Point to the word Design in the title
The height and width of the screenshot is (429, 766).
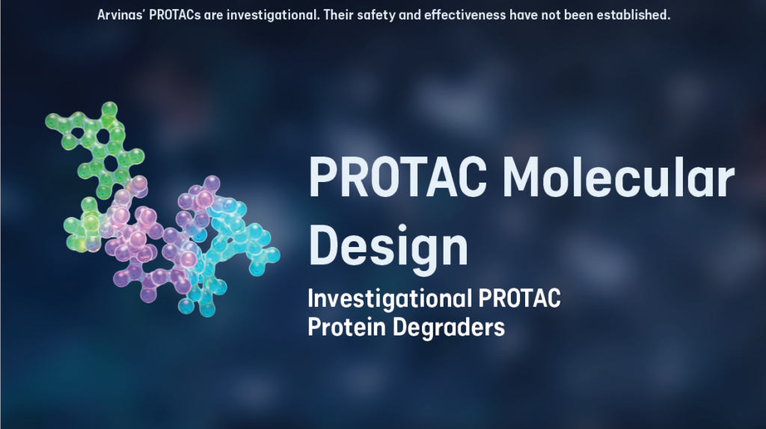pyautogui.click(x=388, y=245)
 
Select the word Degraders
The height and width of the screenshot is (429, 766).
pyautogui.click(x=451, y=327)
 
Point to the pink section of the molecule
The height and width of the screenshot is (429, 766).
pyautogui.click(x=138, y=240)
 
